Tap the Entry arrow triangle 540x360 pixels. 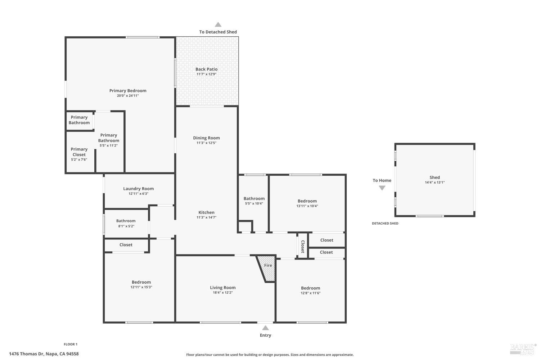(x=265, y=328)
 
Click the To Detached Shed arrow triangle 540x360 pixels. (x=218, y=24)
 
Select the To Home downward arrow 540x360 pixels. (x=382, y=188)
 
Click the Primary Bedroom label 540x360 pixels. (x=128, y=91)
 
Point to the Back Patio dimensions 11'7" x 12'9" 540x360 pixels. (x=206, y=74)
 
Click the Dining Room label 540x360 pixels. (x=206, y=138)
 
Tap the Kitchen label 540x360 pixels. (x=206, y=212)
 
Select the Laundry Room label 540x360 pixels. (x=138, y=189)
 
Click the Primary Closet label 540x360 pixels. (x=79, y=152)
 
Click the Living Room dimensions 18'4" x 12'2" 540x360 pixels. (x=222, y=293)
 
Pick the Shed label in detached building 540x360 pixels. (x=435, y=177)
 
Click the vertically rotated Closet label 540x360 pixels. (x=302, y=247)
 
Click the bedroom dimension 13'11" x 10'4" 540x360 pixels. (x=307, y=206)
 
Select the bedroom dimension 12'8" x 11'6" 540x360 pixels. (x=310, y=293)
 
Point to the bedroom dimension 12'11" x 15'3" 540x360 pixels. (x=141, y=287)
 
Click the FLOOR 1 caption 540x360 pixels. (x=71, y=345)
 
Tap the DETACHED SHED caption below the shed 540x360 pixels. (x=385, y=224)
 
